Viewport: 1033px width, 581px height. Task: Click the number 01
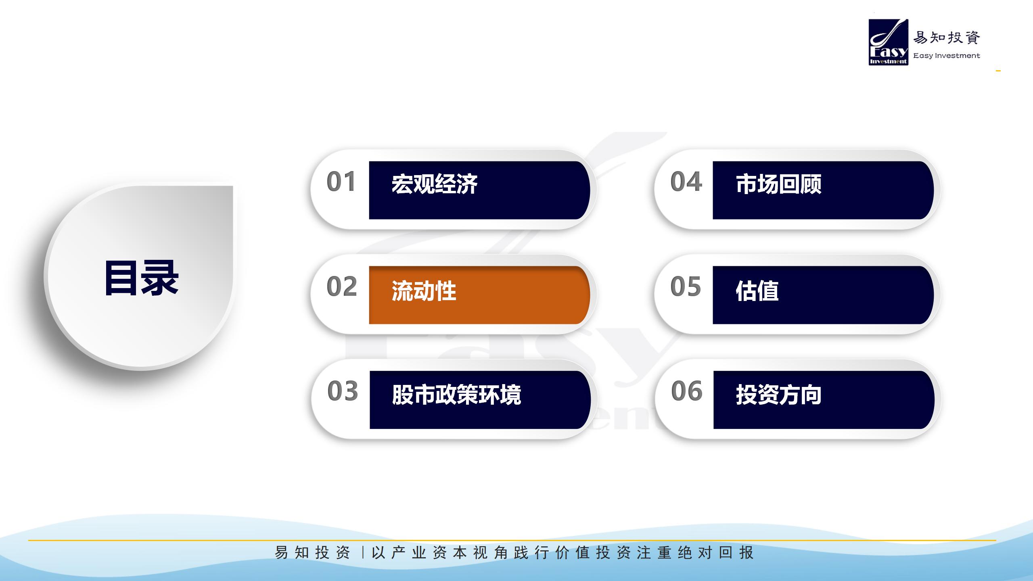pyautogui.click(x=341, y=182)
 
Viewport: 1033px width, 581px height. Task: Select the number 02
pyautogui.click(x=342, y=286)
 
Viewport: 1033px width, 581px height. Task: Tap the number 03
pyautogui.click(x=343, y=391)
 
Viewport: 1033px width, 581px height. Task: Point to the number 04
pyautogui.click(x=686, y=182)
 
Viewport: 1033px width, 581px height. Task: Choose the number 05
pyautogui.click(x=686, y=286)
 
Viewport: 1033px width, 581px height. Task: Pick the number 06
pyautogui.click(x=687, y=391)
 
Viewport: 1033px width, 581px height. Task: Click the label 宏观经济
pyautogui.click(x=435, y=184)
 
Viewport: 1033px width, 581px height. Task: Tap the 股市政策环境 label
pyautogui.click(x=456, y=395)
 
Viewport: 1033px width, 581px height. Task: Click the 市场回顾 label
pyautogui.click(x=779, y=184)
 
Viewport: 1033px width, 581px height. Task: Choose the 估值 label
pyautogui.click(x=757, y=291)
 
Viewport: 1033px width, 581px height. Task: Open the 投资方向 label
pyautogui.click(x=779, y=395)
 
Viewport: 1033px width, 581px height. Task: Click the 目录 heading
pyautogui.click(x=141, y=278)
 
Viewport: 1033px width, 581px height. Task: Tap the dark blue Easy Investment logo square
pyautogui.click(x=889, y=42)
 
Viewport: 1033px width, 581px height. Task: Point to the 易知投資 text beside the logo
pyautogui.click(x=947, y=38)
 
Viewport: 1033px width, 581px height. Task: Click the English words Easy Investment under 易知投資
pyautogui.click(x=947, y=56)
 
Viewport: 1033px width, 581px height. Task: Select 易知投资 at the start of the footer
pyautogui.click(x=312, y=553)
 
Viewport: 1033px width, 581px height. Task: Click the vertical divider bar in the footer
pyautogui.click(x=363, y=553)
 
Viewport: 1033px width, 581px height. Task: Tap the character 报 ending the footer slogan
pyautogui.click(x=747, y=553)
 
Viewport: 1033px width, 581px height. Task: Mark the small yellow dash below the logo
pyautogui.click(x=998, y=71)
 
